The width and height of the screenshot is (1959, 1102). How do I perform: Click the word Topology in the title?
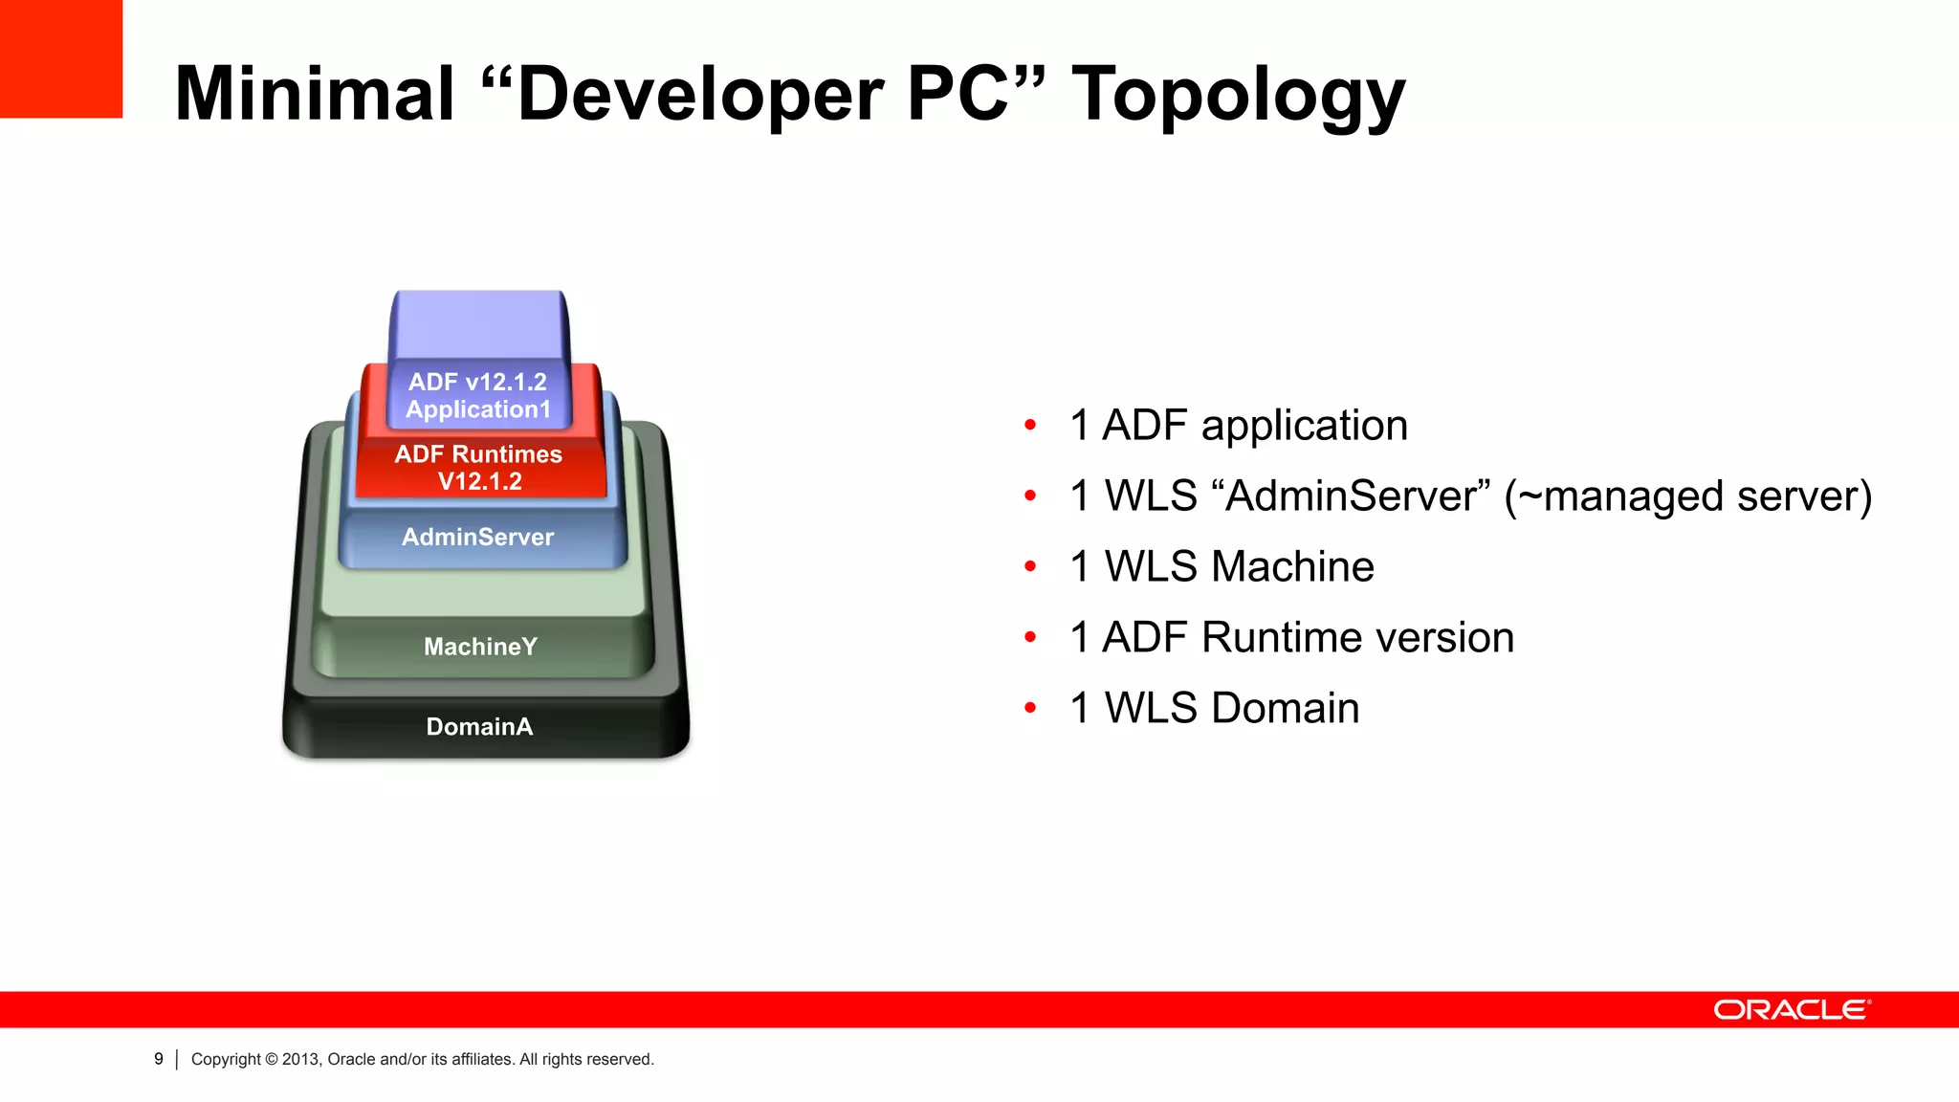point(1239,95)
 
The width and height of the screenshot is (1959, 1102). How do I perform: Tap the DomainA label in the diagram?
point(479,727)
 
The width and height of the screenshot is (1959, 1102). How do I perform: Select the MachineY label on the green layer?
point(480,647)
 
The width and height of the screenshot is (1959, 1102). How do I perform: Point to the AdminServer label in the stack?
point(477,537)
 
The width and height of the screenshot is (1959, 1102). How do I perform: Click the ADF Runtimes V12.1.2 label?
point(478,468)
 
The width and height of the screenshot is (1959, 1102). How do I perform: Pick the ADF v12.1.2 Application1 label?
point(478,395)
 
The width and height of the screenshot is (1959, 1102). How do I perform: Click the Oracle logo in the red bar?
point(1791,1010)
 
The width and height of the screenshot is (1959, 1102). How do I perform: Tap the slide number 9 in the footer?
point(159,1059)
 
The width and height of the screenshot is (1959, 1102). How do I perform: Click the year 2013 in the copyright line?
point(299,1059)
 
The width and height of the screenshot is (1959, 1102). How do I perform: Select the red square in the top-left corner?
point(61,58)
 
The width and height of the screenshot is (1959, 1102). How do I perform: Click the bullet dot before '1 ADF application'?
point(1030,425)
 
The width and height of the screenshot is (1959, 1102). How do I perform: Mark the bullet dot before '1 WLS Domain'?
point(1030,708)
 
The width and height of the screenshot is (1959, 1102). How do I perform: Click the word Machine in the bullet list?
point(1292,566)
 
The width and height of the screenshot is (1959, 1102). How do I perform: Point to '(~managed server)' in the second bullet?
point(1687,496)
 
